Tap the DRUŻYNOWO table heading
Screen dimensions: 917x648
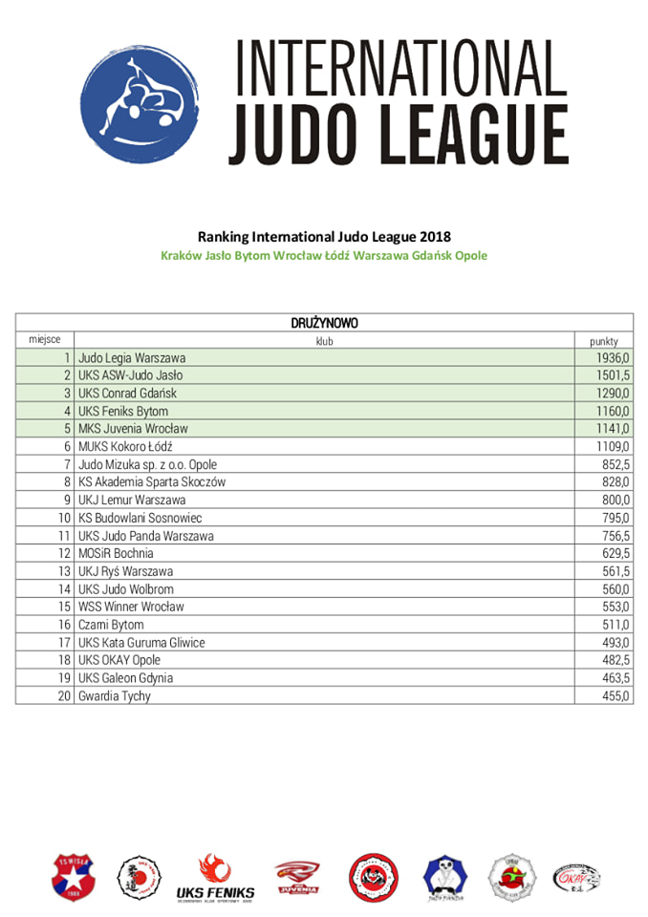click(324, 323)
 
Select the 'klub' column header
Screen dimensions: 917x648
click(324, 340)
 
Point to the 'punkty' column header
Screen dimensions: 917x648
click(603, 340)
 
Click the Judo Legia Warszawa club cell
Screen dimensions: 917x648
click(132, 358)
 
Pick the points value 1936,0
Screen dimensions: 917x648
click(613, 358)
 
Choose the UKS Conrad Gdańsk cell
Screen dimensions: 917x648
click(127, 393)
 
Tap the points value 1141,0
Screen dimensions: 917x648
click(613, 428)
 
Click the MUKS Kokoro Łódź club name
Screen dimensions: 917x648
click(125, 446)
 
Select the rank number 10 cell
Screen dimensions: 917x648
click(66, 518)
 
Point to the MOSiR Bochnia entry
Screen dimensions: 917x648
click(116, 553)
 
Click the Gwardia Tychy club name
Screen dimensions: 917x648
click(115, 696)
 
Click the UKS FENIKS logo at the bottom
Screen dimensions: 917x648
click(216, 878)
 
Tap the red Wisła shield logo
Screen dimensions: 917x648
click(74, 878)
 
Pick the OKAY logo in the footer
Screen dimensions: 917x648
click(576, 878)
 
